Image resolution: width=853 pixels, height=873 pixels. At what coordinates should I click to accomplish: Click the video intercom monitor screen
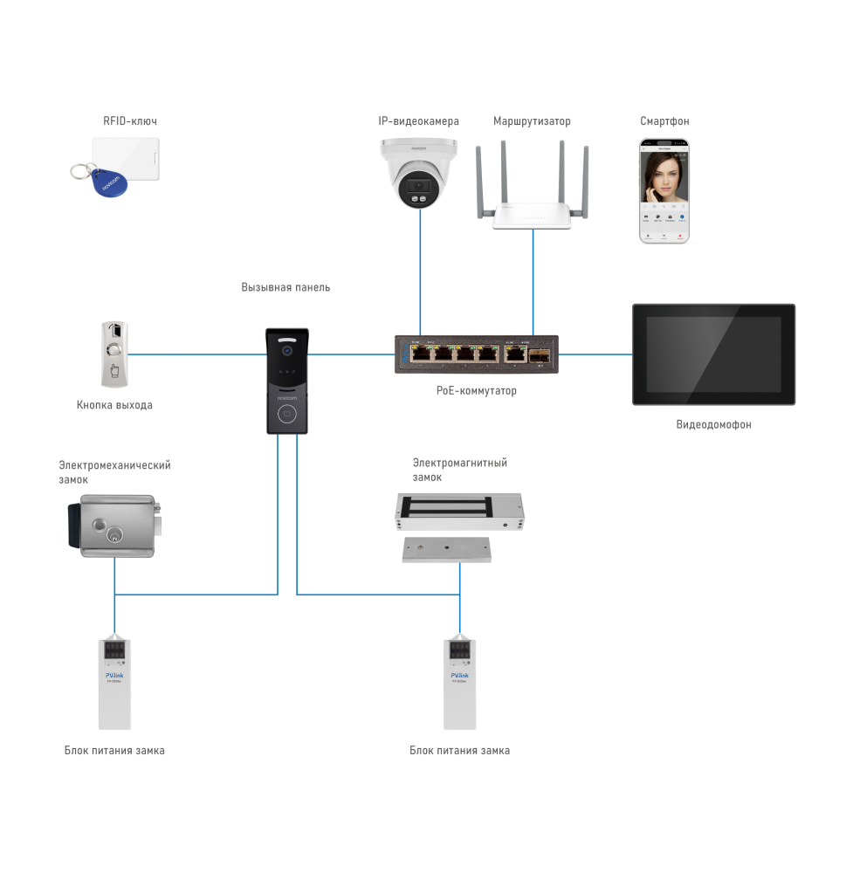[713, 354]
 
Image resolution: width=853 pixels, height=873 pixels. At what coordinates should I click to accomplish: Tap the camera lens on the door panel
[285, 351]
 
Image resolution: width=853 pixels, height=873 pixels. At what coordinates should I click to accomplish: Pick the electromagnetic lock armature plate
[447, 549]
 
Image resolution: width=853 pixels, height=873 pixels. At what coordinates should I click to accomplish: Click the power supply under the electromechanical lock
[114, 684]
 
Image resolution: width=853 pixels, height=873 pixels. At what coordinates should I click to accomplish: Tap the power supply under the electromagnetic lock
[459, 684]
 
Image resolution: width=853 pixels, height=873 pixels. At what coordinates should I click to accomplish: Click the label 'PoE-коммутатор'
[476, 391]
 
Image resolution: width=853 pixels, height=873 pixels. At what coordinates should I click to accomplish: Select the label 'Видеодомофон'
[713, 425]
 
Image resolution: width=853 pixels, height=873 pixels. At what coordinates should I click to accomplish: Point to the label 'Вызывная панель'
[286, 287]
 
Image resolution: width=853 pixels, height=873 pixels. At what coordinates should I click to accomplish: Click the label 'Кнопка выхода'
[114, 405]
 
